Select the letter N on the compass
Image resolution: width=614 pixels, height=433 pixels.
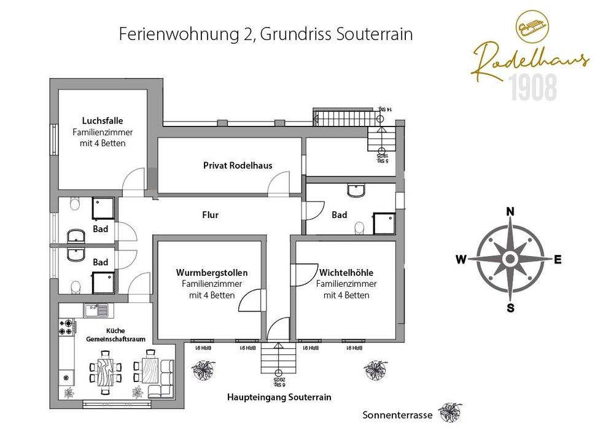[x=510, y=212]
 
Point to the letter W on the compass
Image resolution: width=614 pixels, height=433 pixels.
[x=460, y=259]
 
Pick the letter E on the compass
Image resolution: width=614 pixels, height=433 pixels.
[x=558, y=259]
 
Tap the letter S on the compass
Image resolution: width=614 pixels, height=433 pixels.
[x=510, y=308]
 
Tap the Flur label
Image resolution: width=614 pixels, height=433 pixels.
[x=210, y=215]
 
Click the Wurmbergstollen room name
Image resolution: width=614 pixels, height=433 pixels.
[x=212, y=273]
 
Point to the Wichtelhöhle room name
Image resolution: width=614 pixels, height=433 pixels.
[x=346, y=273]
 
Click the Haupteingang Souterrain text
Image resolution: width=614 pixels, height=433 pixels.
[x=279, y=397]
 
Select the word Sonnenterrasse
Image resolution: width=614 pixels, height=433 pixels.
[x=398, y=415]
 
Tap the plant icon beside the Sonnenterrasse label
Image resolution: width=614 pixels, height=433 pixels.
[x=450, y=412]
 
